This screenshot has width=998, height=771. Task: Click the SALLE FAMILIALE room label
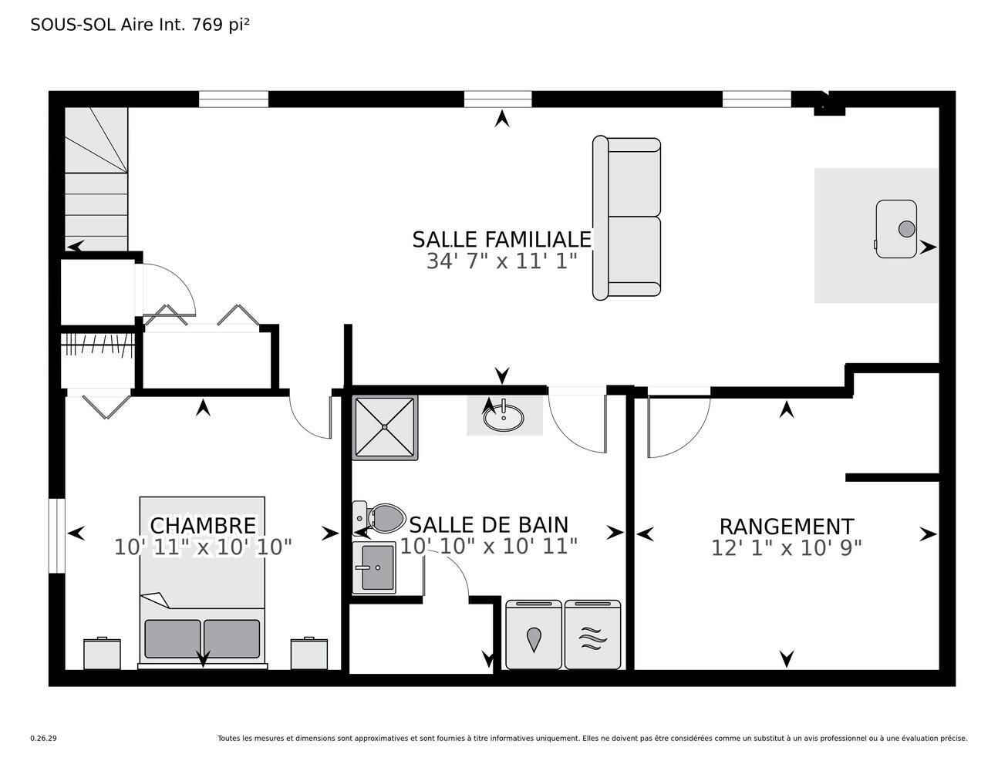point(501,240)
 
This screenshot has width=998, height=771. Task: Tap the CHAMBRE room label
point(203,526)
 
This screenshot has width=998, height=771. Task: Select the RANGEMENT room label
point(786,527)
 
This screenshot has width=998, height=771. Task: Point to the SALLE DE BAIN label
point(489,525)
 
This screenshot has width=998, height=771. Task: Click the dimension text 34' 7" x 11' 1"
point(501,261)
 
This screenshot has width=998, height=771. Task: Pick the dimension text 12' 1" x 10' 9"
point(786,548)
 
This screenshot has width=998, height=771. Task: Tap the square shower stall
point(385,427)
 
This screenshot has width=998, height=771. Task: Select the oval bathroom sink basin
point(504,417)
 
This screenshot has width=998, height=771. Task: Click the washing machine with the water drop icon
point(534,635)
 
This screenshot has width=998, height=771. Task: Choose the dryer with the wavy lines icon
point(592,635)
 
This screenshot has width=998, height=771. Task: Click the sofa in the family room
point(626,218)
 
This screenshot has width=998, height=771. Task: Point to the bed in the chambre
point(203,582)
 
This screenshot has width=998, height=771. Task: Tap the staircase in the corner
point(96,180)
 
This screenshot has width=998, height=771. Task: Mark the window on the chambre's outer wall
point(57,536)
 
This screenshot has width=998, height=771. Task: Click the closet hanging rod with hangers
point(98,344)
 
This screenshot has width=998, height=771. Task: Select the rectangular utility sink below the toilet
point(374,567)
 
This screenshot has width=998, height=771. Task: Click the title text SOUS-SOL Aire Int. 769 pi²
point(140,25)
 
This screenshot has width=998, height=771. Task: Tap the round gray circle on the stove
point(906,229)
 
